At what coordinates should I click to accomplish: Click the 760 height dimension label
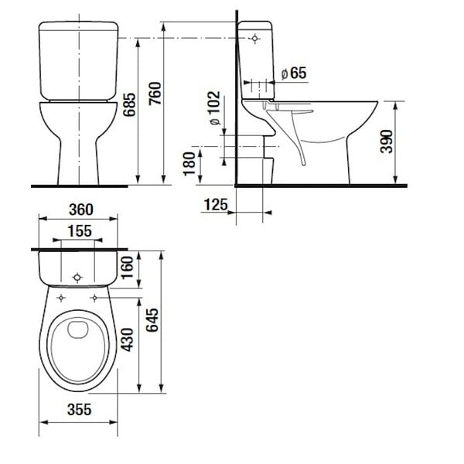coord(155,94)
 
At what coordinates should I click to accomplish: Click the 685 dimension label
coord(129,104)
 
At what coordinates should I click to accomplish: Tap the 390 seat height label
coord(387,142)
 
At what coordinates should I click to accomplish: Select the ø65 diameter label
coord(294,73)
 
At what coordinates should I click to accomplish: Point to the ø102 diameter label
coord(215,108)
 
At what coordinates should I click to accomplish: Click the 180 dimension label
coord(189,164)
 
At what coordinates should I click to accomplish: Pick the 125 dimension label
coord(216,204)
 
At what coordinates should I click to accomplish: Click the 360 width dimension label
coord(80,210)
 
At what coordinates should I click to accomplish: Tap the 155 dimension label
coord(80,231)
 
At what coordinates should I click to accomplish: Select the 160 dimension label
coord(128,268)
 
